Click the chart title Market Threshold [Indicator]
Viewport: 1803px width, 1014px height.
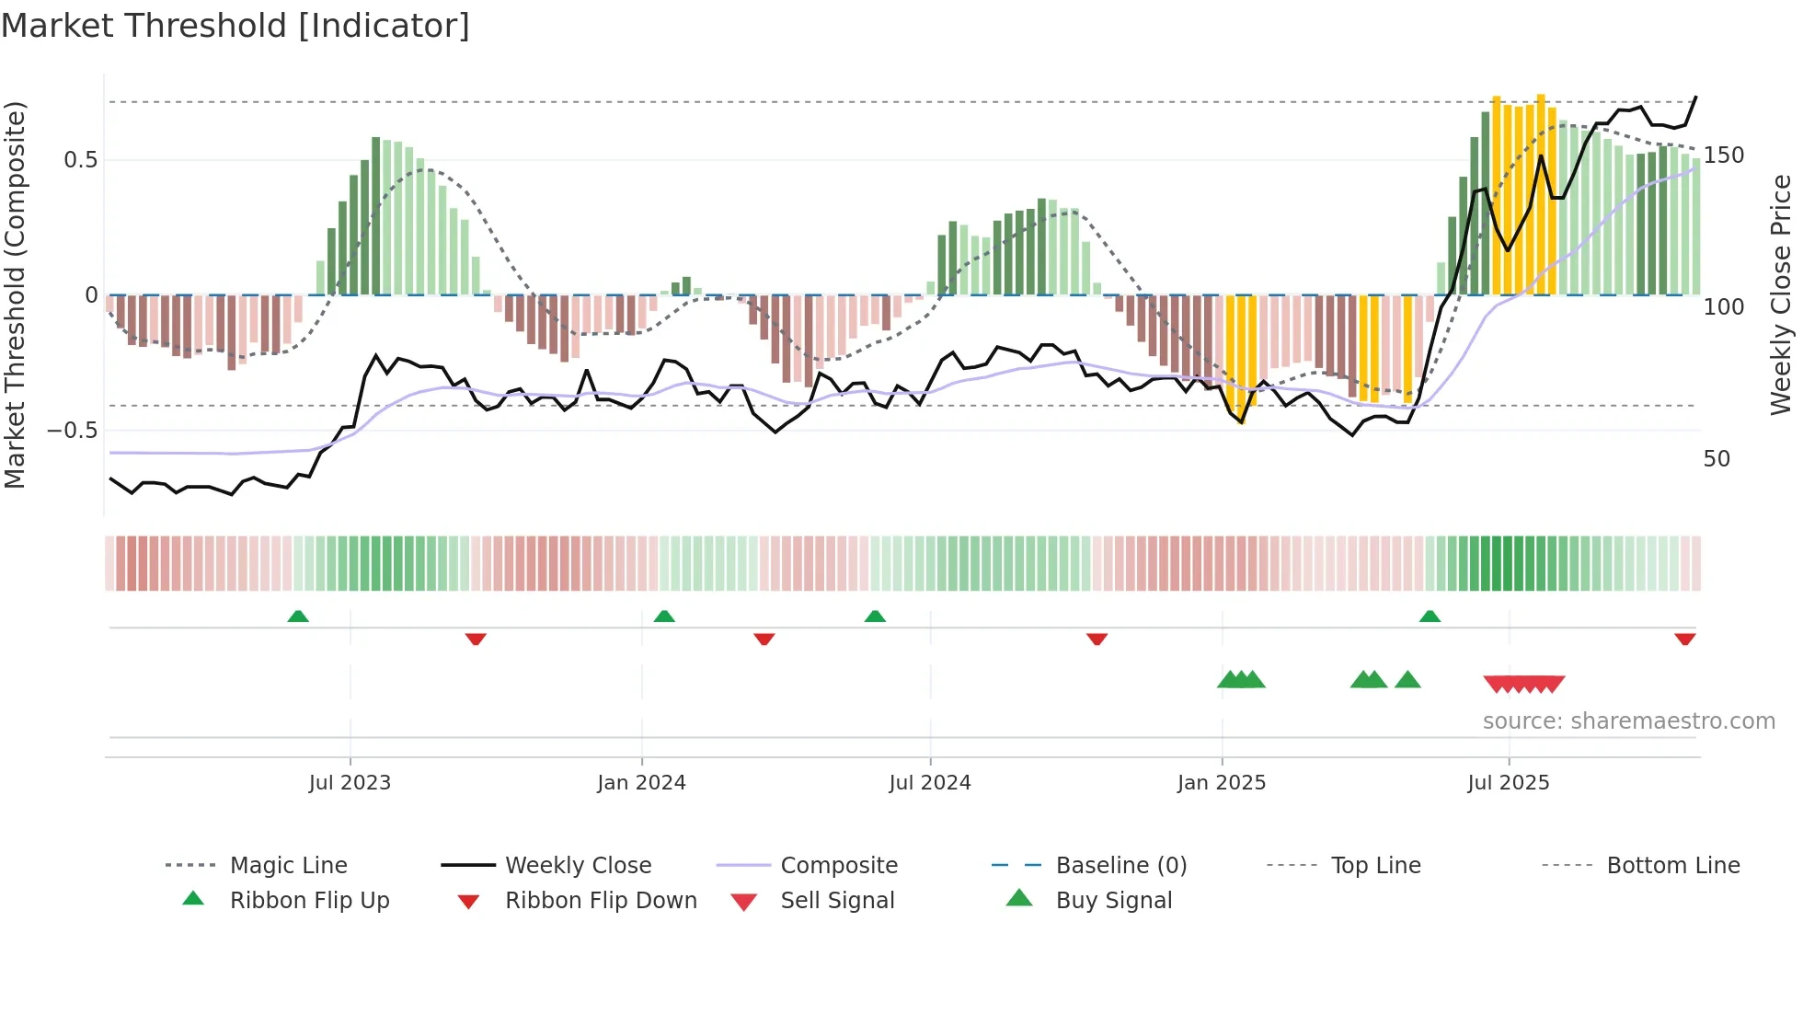point(235,26)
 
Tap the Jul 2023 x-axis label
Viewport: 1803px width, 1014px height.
point(350,783)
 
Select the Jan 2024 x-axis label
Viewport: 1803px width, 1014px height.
point(641,783)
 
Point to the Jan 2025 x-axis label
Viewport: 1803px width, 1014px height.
point(1222,783)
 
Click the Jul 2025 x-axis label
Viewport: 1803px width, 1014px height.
point(1509,783)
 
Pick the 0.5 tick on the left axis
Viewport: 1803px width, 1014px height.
point(80,160)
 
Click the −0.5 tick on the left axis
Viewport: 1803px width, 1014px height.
point(73,431)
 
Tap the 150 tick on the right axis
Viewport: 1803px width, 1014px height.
point(1723,156)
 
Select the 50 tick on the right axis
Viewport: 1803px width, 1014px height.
point(1717,459)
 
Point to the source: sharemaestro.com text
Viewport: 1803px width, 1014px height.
point(1628,721)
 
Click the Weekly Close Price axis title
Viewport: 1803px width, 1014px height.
point(1781,294)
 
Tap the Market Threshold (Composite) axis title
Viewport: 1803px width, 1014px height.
point(15,294)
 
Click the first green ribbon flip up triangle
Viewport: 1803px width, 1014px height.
point(298,616)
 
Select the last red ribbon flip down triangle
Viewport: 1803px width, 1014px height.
point(1685,639)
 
